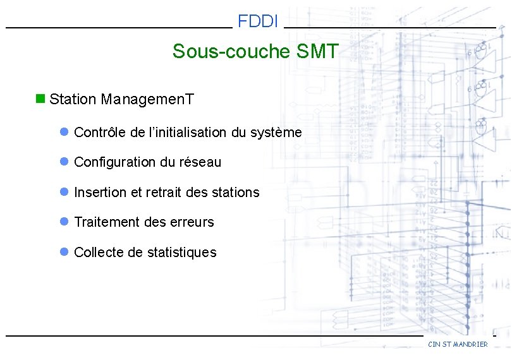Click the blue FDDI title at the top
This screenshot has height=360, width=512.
click(258, 22)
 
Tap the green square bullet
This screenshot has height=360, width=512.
click(40, 99)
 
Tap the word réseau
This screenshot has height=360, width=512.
click(202, 162)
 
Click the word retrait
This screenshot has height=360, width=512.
click(165, 193)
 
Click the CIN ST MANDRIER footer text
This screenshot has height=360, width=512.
click(458, 344)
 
